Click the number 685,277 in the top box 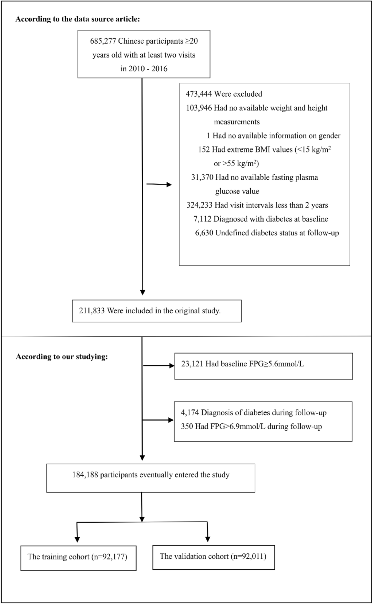click(103, 41)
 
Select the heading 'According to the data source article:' click(78, 19)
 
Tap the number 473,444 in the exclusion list click(199, 94)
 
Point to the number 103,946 click(199, 108)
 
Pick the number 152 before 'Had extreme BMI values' click(204, 150)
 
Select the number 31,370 click(202, 177)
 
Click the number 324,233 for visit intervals click(199, 205)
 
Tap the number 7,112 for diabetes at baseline click(202, 219)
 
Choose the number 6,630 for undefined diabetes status click(204, 233)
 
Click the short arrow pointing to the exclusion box click(159, 185)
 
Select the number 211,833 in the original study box click(92, 311)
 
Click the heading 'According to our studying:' click(62, 357)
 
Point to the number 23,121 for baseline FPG click(192, 364)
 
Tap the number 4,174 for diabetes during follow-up click(190, 413)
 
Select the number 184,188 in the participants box click(85, 475)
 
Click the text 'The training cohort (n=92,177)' click(77, 557)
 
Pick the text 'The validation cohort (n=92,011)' click(213, 556)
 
